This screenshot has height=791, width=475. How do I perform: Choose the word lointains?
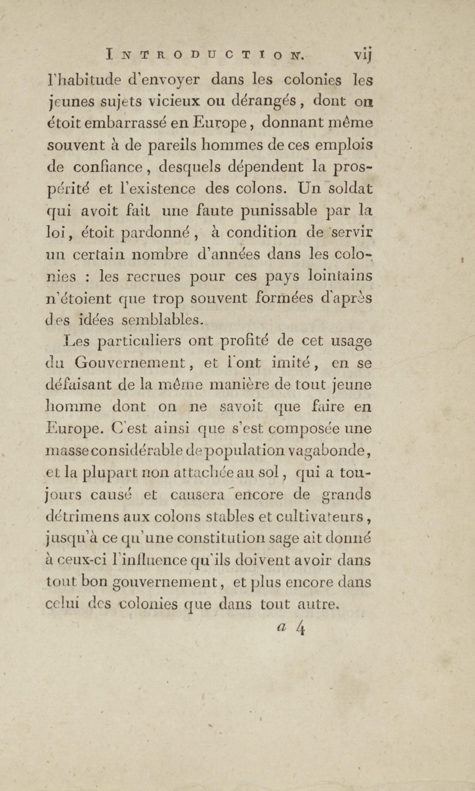[340, 276]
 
